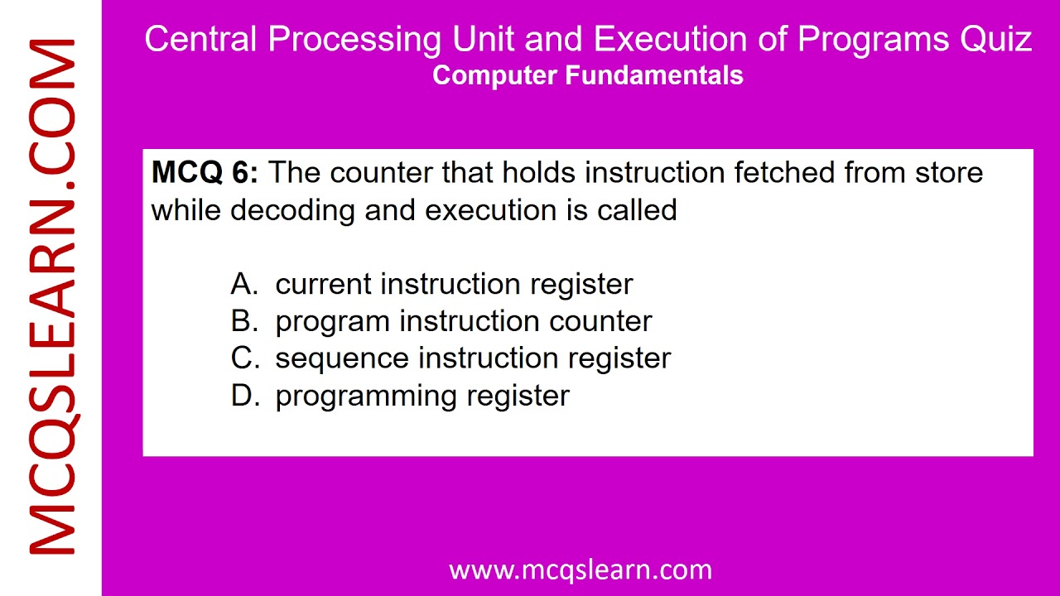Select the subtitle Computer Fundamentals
pos(587,75)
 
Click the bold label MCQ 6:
pos(205,172)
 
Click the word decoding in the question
pos(293,209)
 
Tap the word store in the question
pos(948,172)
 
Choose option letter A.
pos(243,284)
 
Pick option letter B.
pos(243,321)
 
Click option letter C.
pos(243,358)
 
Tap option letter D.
pos(243,396)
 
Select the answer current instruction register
pos(454,284)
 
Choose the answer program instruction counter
pos(464,321)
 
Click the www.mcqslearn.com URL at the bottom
pos(580,570)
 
